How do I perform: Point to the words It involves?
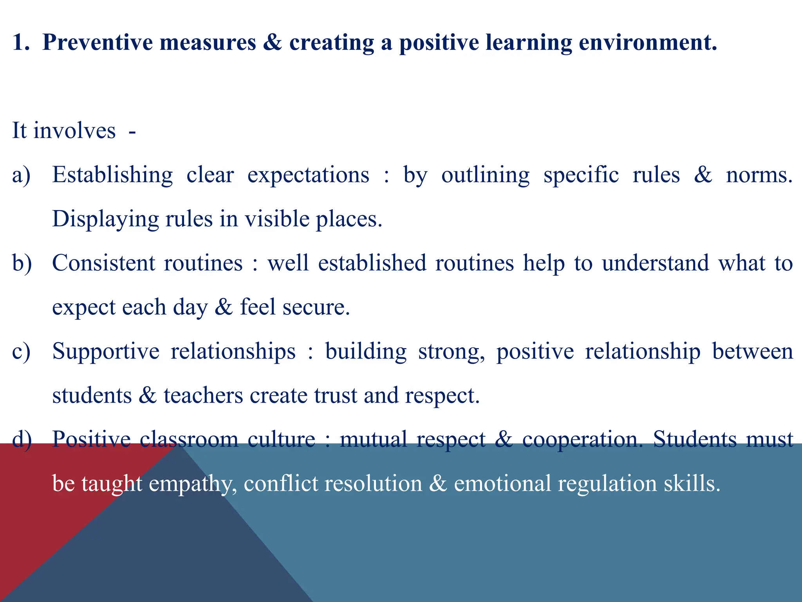[64, 131]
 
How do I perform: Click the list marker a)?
[21, 175]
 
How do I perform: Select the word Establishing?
[112, 175]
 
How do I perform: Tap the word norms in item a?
[759, 175]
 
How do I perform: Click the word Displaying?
[105, 219]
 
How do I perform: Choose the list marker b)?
[22, 263]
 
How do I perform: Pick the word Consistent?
[104, 263]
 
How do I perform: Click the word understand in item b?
[655, 263]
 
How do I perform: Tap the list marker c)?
[21, 352]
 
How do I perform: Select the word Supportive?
[106, 352]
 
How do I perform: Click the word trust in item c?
[335, 396]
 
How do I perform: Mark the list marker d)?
[22, 440]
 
